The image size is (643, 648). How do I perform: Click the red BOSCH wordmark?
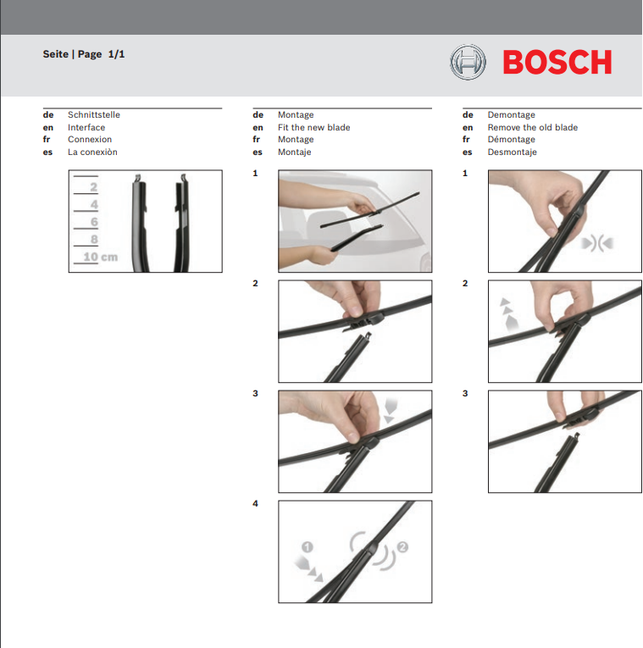coord(557,62)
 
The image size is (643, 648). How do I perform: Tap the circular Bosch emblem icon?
coord(468,62)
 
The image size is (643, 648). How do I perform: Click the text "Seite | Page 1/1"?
coord(84,54)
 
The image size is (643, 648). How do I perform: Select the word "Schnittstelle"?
coord(93,115)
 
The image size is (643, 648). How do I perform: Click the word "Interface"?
coord(86,128)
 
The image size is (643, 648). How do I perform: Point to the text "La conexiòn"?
coord(92,152)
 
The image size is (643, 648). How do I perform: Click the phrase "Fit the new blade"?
coord(313,128)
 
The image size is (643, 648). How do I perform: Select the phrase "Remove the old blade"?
coord(532,128)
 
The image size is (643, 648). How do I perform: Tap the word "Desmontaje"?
coord(512,152)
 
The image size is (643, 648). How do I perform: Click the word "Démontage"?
coord(511,140)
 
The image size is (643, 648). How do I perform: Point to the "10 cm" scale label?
coord(100,257)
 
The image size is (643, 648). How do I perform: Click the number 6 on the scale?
coord(94,222)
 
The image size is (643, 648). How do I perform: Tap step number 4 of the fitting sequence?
coord(255,504)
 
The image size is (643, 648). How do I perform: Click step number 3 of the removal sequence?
coord(465,394)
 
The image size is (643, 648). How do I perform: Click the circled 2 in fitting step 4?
coord(402,547)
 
